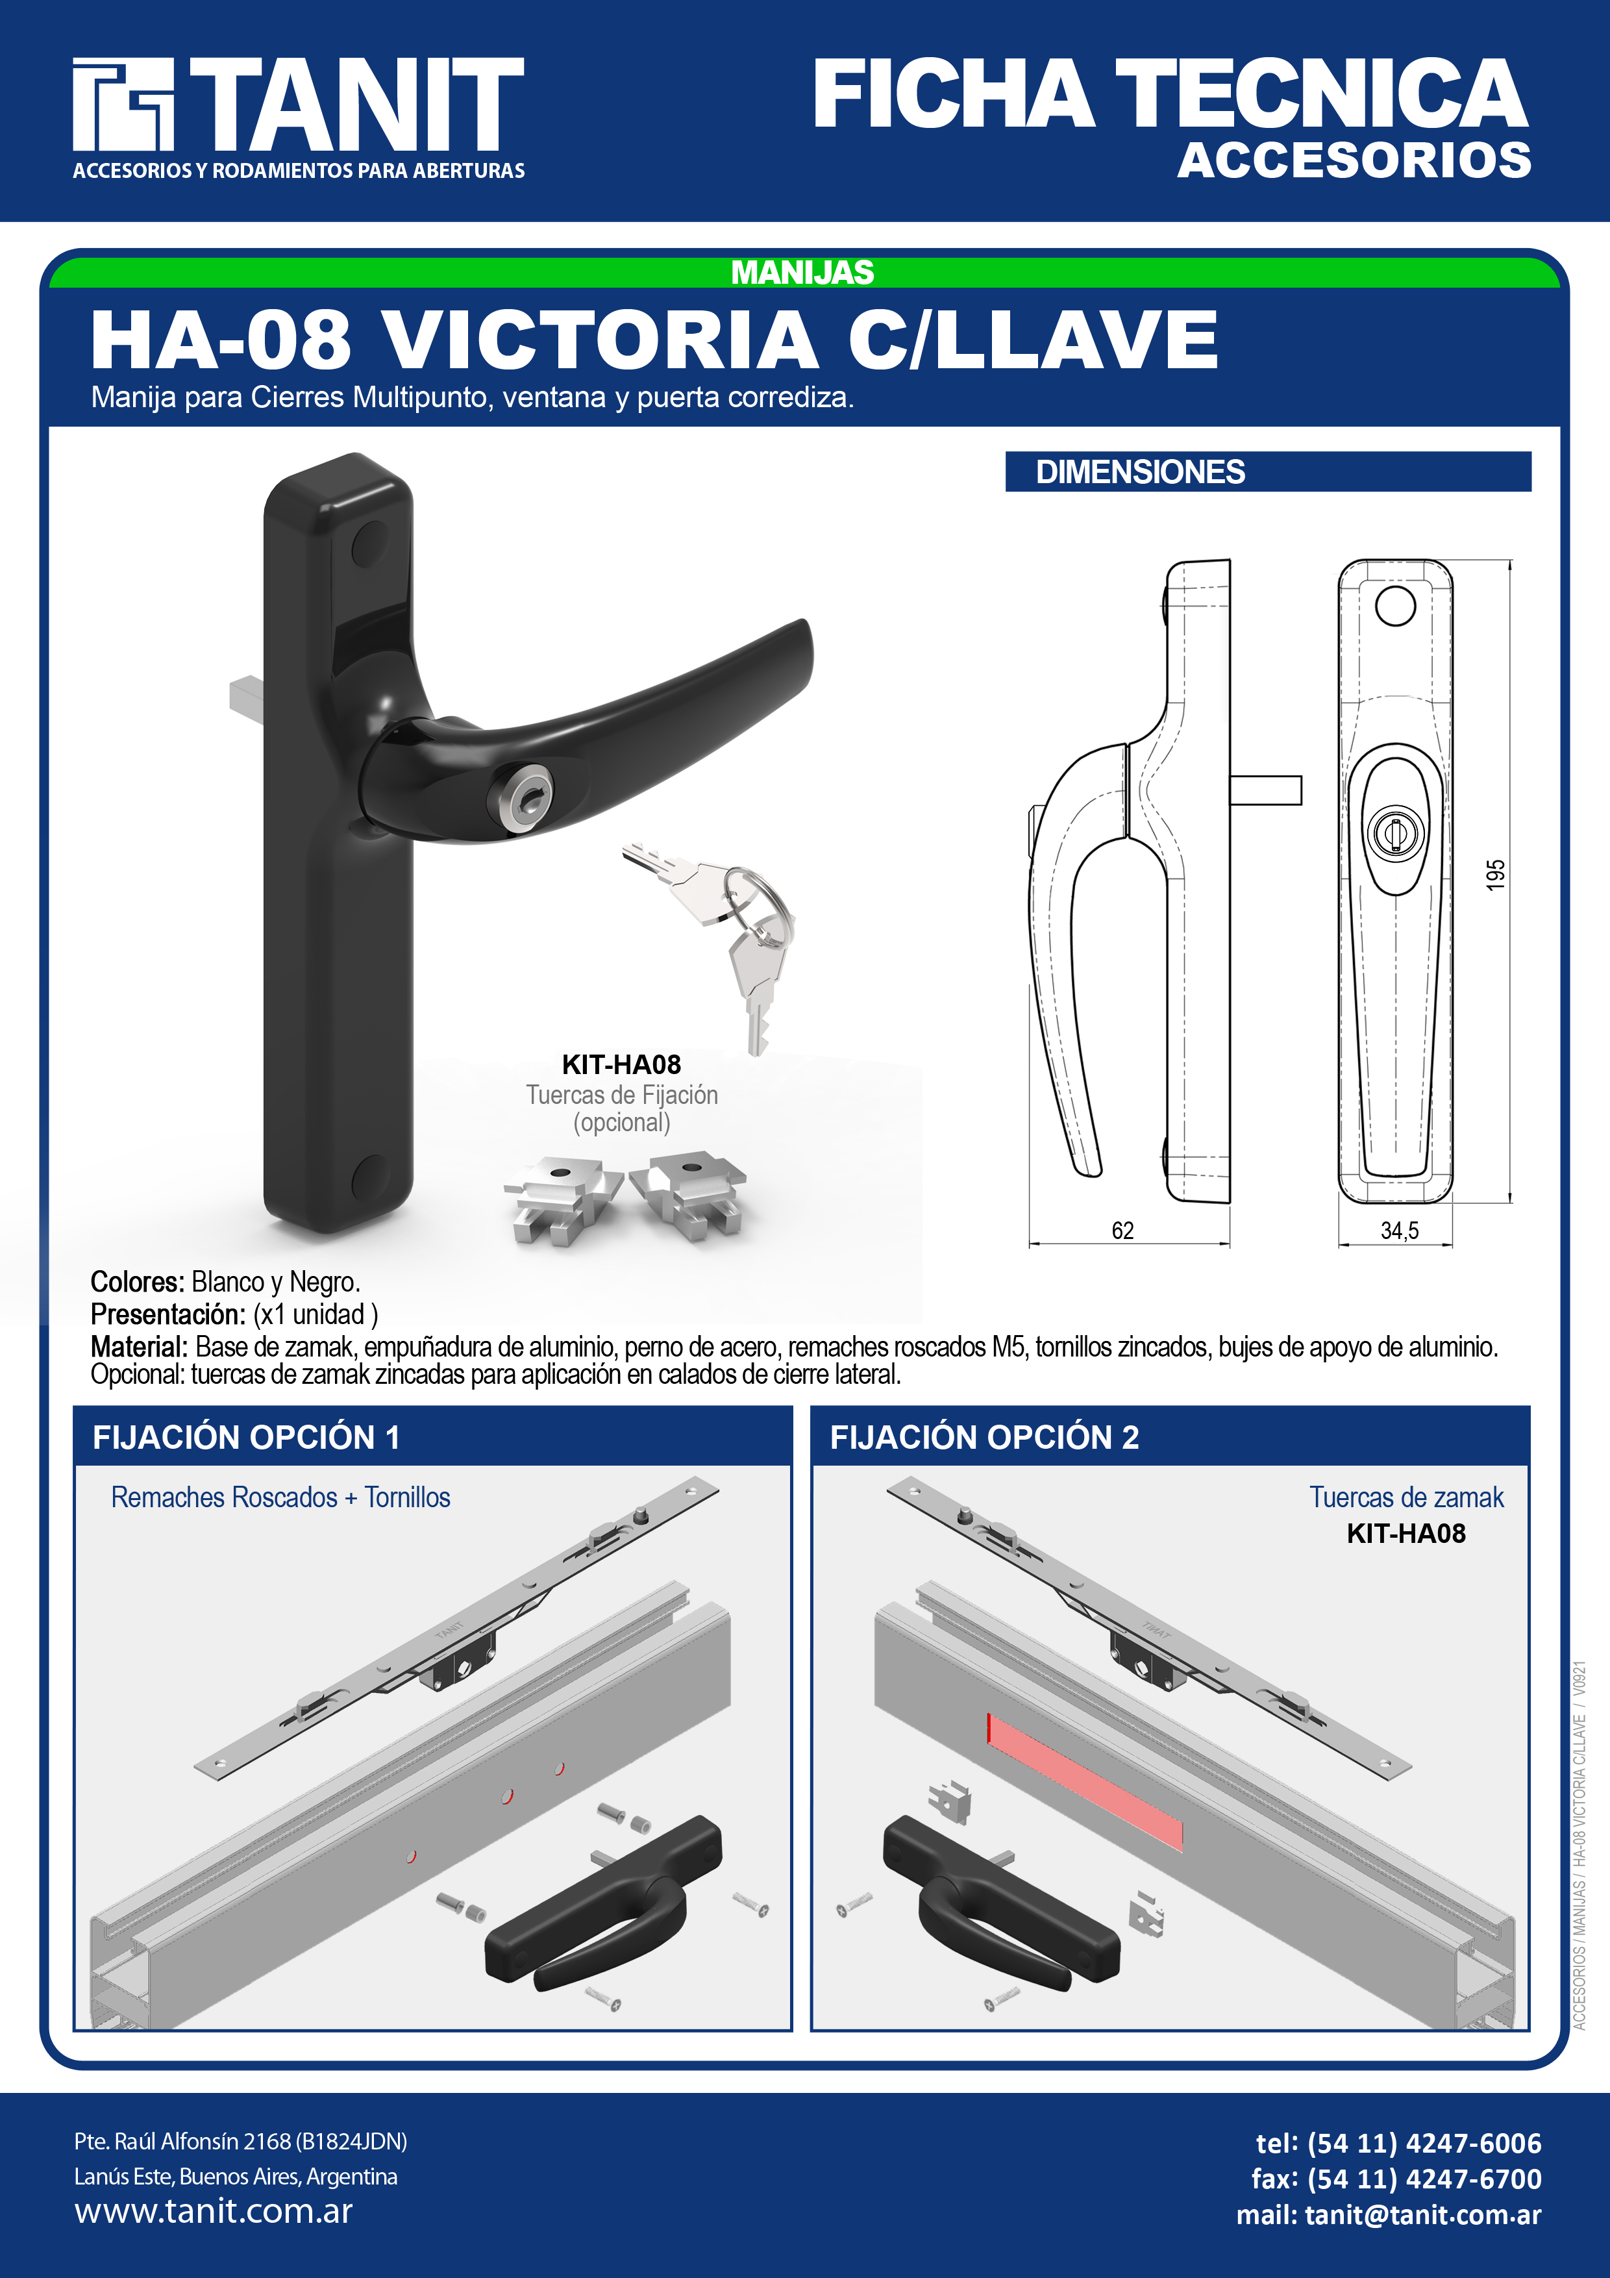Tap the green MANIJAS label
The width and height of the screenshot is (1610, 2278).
tap(802, 272)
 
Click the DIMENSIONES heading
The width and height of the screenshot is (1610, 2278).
tap(1140, 471)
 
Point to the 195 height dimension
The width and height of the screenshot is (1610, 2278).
tap(1495, 874)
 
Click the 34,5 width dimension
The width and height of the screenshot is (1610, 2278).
tap(1400, 1231)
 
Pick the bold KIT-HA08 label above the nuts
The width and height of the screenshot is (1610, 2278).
tap(621, 1064)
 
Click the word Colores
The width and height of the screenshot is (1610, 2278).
tap(137, 1282)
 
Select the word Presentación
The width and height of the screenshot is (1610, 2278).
tap(167, 1314)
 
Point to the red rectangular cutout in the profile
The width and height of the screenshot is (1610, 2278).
tap(1084, 1781)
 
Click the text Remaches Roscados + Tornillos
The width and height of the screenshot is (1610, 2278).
tap(280, 1497)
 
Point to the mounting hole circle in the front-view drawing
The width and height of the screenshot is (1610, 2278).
tap(1394, 605)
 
